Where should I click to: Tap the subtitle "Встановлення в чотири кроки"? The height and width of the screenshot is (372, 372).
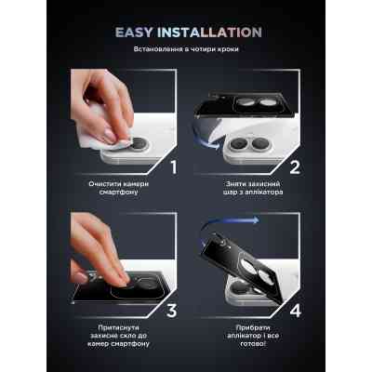186,49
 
